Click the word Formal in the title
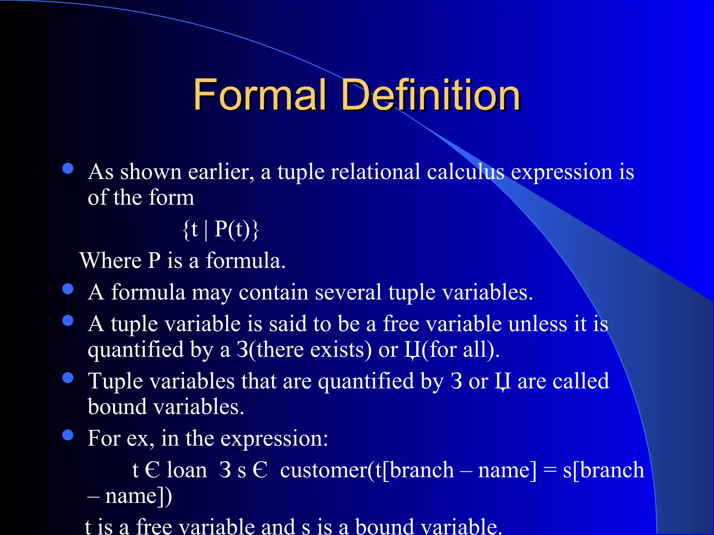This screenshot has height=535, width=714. click(x=260, y=95)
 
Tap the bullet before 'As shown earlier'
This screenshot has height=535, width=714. click(x=68, y=169)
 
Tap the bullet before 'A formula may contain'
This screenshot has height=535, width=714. click(x=68, y=289)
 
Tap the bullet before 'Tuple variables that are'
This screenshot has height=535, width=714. click(x=68, y=378)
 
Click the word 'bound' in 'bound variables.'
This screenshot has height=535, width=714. click(x=117, y=406)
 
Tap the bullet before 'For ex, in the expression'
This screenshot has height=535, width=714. click(x=68, y=435)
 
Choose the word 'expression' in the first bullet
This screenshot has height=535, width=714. click(x=562, y=172)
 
